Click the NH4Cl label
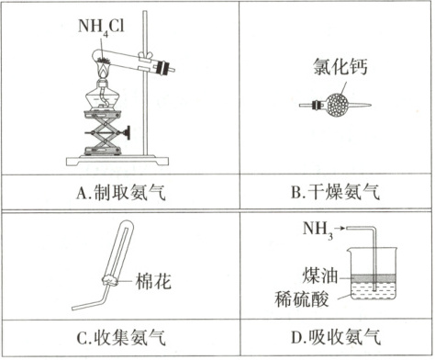(101, 28)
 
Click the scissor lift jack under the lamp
(102, 132)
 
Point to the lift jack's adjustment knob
(127, 133)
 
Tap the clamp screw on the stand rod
(146, 56)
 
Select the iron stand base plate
(117, 161)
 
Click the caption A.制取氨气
(121, 192)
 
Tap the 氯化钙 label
(340, 66)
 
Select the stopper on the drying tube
(316, 106)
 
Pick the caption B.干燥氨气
(335, 192)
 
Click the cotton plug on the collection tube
(110, 280)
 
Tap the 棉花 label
(153, 281)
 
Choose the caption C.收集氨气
(121, 337)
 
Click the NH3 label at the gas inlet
(318, 230)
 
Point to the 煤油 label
(319, 276)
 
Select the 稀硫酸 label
(302, 298)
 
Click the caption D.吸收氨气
(336, 337)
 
